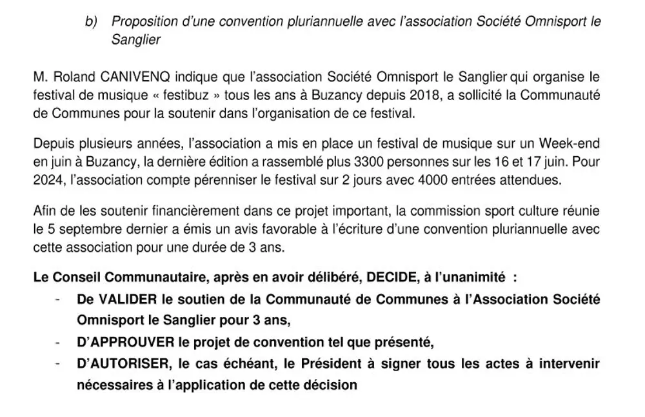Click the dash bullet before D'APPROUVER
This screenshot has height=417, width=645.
pyautogui.click(x=59, y=342)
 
